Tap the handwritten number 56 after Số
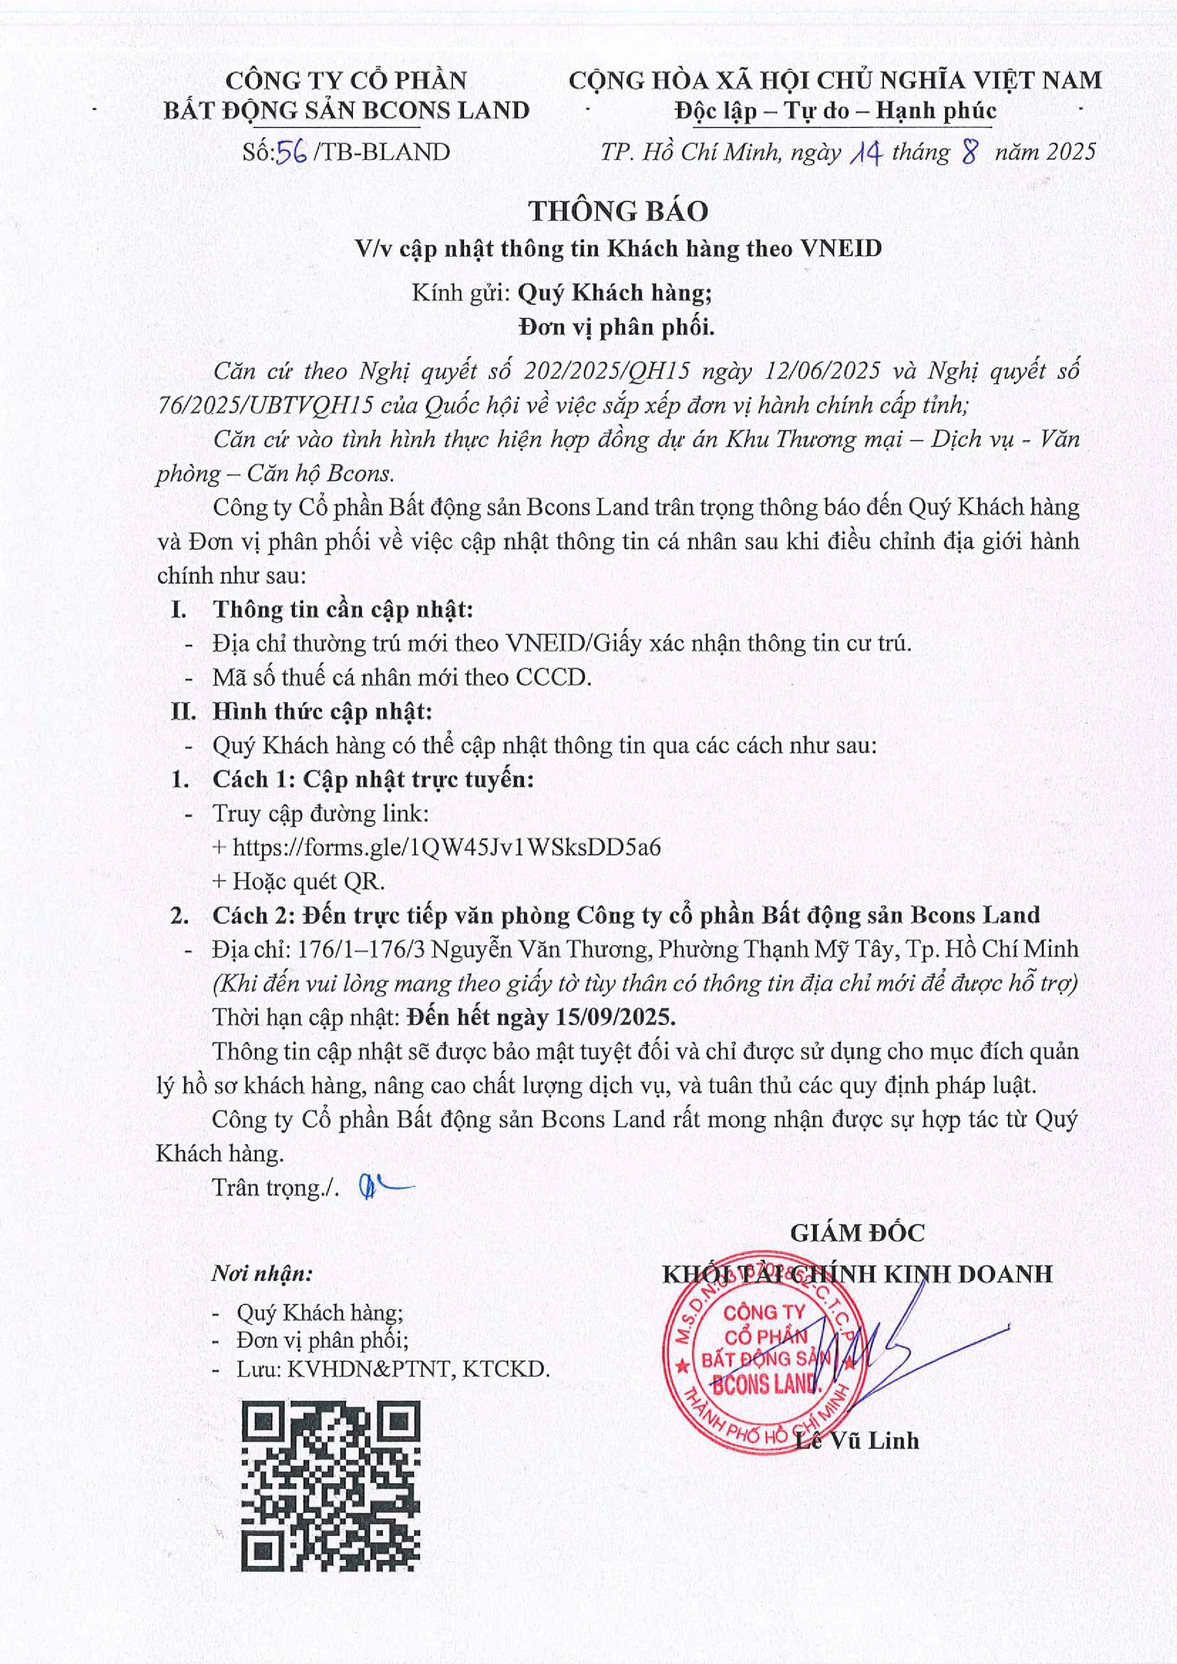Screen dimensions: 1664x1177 coord(296,152)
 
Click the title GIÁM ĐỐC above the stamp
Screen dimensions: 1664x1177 coord(857,1233)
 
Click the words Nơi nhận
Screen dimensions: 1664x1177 coord(263,1273)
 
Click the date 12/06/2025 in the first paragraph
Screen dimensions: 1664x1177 coord(823,371)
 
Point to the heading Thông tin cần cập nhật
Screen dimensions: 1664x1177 coord(342,610)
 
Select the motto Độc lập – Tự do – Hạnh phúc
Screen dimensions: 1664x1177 coord(835,111)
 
